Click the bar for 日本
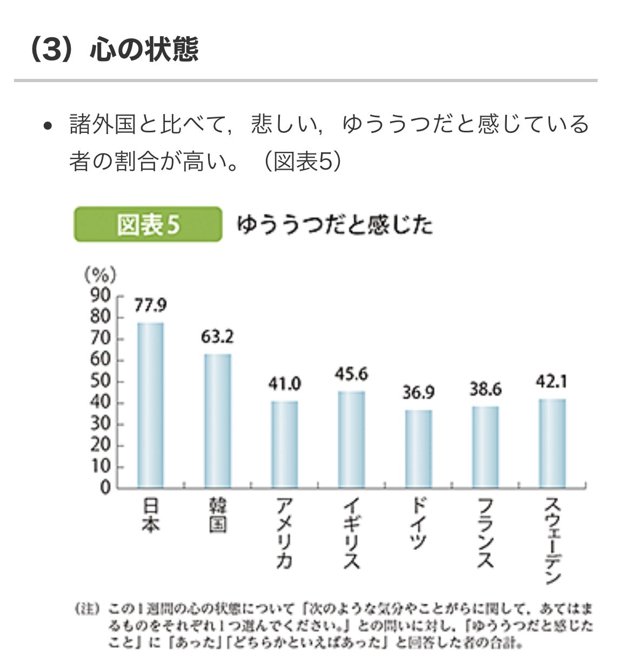(x=150, y=405)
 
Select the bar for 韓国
(x=217, y=421)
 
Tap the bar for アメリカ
(x=284, y=444)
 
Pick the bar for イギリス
(x=351, y=439)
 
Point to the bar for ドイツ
(x=418, y=448)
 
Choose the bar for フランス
(x=485, y=447)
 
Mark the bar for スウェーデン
(x=552, y=443)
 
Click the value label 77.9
(x=150, y=306)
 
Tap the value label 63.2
(x=217, y=337)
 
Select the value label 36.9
(x=418, y=393)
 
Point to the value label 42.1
(x=551, y=382)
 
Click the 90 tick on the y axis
(x=101, y=296)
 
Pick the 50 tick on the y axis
(x=101, y=381)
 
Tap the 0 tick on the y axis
(x=105, y=488)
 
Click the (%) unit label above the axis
(x=100, y=276)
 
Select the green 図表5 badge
(x=148, y=224)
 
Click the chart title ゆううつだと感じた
(x=335, y=224)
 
